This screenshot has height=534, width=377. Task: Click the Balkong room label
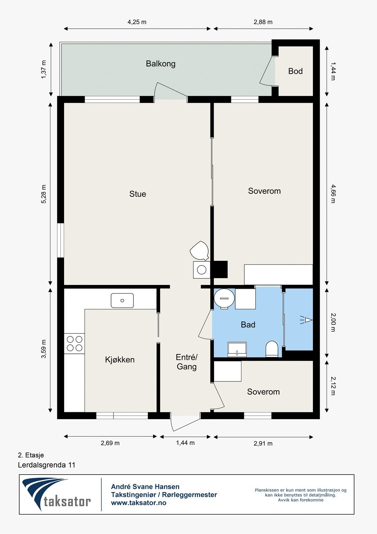(x=161, y=64)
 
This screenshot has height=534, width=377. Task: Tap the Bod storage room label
(x=295, y=71)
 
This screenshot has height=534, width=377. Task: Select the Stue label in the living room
(x=138, y=194)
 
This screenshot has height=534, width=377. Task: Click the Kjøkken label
(x=120, y=359)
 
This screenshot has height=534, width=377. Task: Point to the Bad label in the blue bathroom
(x=248, y=324)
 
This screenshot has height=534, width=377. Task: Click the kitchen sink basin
(x=122, y=300)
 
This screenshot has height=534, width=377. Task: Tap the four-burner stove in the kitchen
(x=74, y=343)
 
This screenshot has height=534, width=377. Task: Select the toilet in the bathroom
(x=272, y=349)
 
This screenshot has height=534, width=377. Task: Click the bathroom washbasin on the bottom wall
(x=237, y=349)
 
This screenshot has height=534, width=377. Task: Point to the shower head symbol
(x=306, y=320)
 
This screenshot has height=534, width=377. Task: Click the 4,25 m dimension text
(x=137, y=22)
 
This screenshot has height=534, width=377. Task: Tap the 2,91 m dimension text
(x=263, y=444)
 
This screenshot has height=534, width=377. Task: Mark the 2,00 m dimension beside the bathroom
(x=333, y=322)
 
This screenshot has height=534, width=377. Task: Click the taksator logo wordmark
(x=67, y=501)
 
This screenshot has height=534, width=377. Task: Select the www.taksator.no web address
(x=139, y=503)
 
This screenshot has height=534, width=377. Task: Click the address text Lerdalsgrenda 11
(x=47, y=465)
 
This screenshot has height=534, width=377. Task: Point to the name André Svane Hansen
(x=145, y=487)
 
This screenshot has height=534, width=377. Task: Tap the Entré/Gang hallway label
(x=187, y=362)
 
